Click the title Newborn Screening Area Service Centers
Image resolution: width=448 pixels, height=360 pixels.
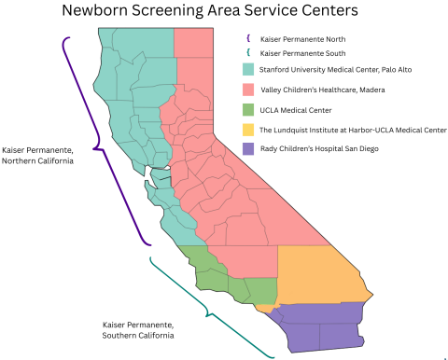point(208,12)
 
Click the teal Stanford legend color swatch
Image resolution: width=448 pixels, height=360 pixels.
point(249,70)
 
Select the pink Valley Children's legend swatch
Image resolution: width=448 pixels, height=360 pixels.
point(249,90)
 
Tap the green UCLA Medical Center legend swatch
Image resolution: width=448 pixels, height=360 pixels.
point(249,110)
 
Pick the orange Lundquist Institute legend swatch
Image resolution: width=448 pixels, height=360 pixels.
point(249,130)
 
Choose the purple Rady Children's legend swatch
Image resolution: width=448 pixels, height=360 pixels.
point(249,149)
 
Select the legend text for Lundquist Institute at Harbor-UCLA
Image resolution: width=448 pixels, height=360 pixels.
point(349,130)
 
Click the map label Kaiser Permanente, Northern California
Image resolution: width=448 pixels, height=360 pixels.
point(38,155)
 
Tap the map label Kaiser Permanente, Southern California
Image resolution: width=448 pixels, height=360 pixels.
point(138,329)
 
